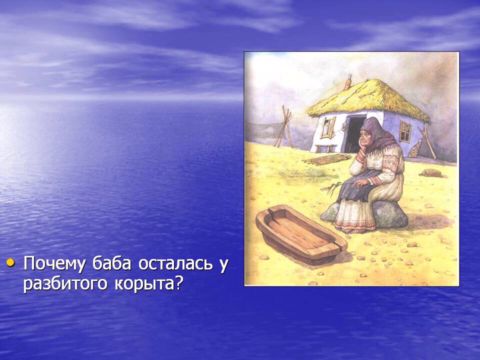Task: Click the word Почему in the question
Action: [x=54, y=263]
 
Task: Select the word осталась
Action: [x=175, y=263]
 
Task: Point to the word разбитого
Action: [x=65, y=284]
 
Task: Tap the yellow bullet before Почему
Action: [x=10, y=262]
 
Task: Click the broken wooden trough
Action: [x=301, y=234]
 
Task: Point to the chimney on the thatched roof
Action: [x=348, y=81]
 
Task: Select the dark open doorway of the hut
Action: [x=355, y=134]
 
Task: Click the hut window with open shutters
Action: [x=328, y=126]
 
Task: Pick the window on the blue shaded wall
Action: [x=405, y=131]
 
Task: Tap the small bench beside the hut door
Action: [x=325, y=148]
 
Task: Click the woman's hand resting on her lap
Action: [x=361, y=183]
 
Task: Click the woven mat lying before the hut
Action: [x=326, y=159]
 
